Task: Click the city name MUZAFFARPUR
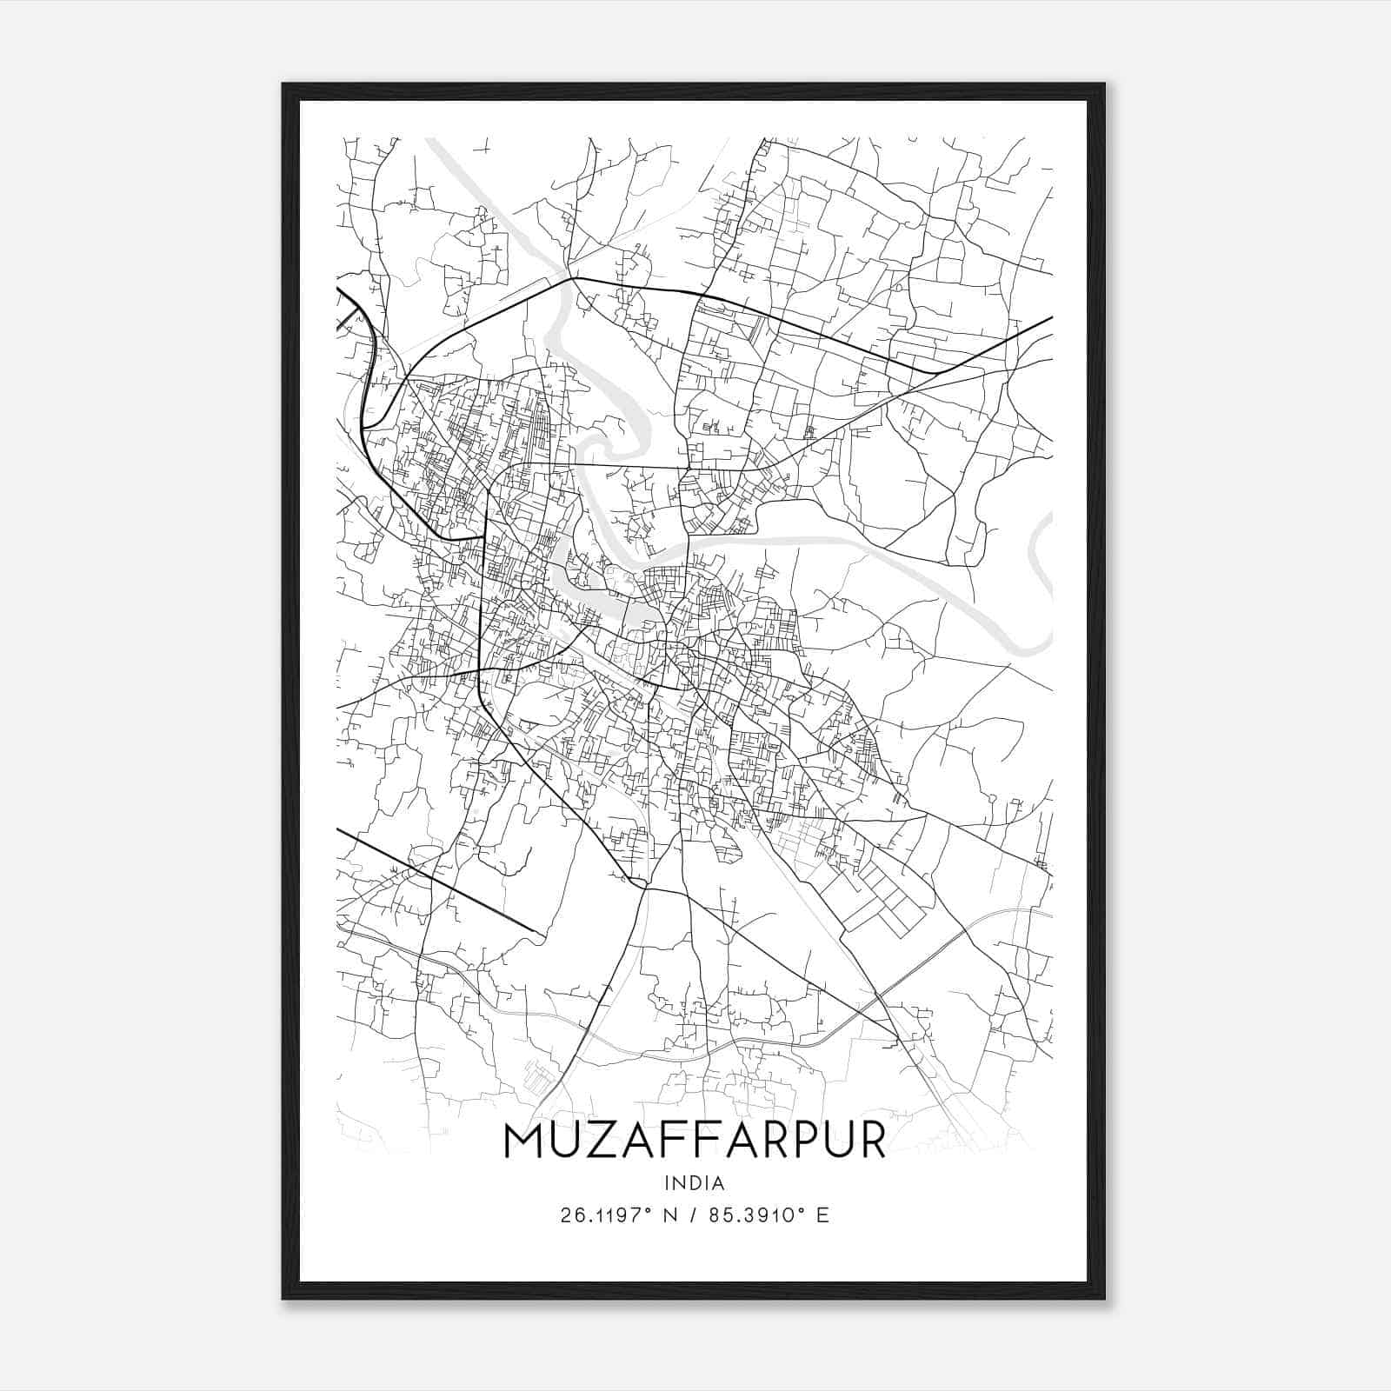pyautogui.click(x=694, y=1141)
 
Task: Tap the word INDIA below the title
pyautogui.click(x=694, y=1183)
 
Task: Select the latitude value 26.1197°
pyautogui.click(x=607, y=1215)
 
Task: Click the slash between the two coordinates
pyautogui.click(x=691, y=1215)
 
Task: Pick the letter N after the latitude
pyautogui.click(x=669, y=1215)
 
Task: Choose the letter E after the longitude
pyautogui.click(x=822, y=1215)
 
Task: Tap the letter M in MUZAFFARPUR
pyautogui.click(x=523, y=1141)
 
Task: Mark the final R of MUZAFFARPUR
pyautogui.click(x=871, y=1141)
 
